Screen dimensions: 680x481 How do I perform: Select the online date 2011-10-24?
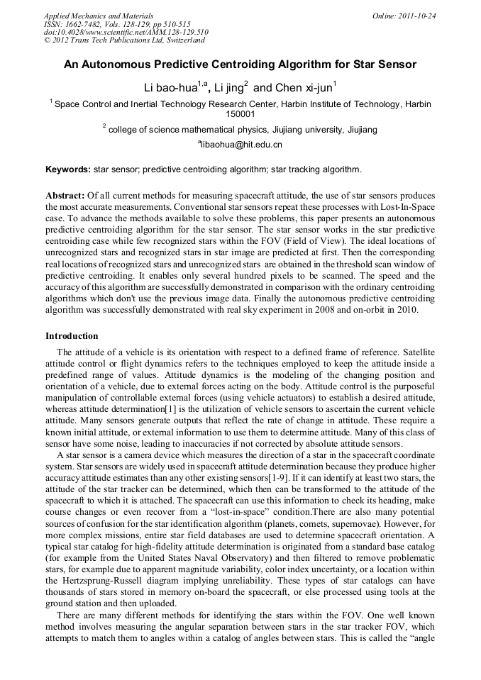coord(419,15)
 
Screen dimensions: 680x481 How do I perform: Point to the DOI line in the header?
coord(126,32)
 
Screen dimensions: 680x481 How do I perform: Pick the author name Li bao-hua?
coord(171,88)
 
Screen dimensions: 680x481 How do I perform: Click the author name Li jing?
coord(229,88)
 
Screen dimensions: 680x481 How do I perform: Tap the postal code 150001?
coord(240,113)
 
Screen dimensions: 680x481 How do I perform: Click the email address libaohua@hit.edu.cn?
coord(241,145)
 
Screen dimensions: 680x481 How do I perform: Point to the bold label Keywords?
coord(68,169)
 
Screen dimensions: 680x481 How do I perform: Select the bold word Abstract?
coord(65,195)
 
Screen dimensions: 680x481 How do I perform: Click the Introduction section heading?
coord(72,335)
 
